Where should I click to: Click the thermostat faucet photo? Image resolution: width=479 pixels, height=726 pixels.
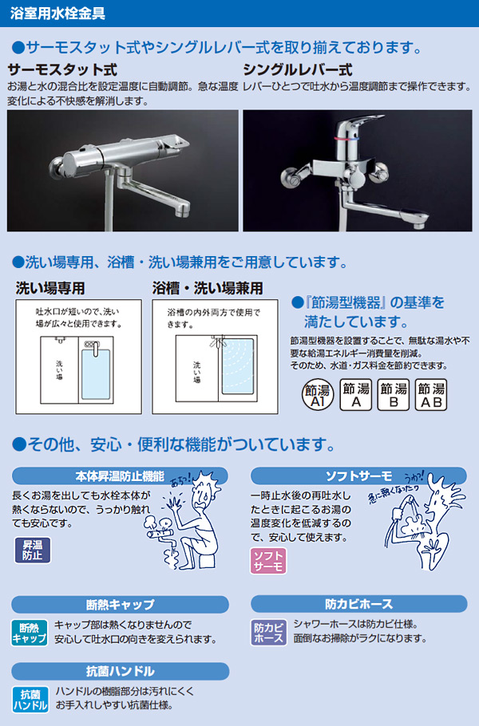point(122,170)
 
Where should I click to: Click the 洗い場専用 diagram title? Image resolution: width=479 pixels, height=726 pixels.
point(51,287)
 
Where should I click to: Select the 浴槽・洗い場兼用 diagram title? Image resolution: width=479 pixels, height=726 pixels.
point(208,287)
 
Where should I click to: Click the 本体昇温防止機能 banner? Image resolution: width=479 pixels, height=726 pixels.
point(120,475)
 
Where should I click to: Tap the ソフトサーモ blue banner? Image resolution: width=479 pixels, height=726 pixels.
point(359,475)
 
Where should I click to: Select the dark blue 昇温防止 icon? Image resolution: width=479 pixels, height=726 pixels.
point(32,550)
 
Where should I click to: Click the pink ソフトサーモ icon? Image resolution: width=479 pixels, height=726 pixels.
point(267,561)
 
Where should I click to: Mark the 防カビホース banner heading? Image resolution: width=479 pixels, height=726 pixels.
point(359,604)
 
